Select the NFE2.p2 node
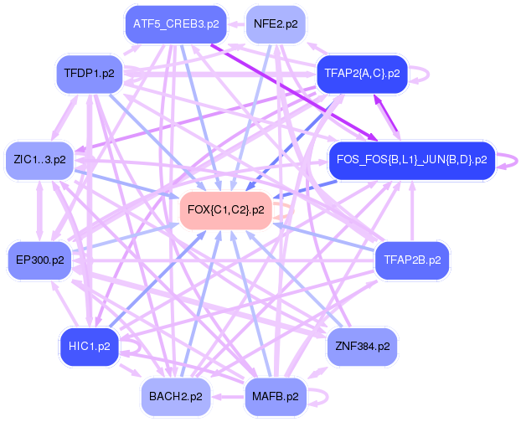pos(276,23)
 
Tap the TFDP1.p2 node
pos(89,74)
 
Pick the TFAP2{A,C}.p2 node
pos(361,74)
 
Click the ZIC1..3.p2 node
pos(40,158)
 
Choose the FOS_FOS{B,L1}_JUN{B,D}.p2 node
pos(410,158)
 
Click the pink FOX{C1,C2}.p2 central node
pos(226,210)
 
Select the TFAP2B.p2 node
pos(411,260)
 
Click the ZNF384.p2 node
pos(361,345)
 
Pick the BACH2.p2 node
pos(176,396)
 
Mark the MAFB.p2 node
pos(276,396)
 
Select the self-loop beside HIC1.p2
pos(131,345)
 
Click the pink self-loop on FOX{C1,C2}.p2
pos(286,211)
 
